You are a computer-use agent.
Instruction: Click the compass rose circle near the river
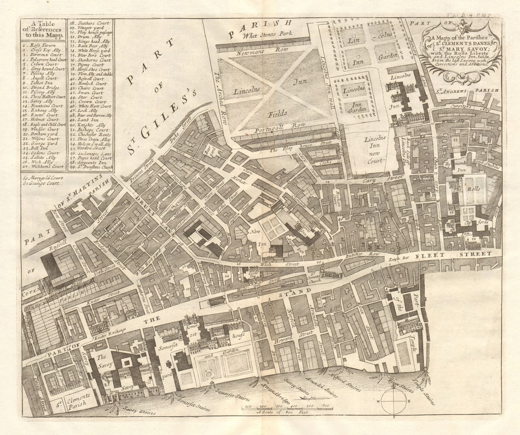394,401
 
